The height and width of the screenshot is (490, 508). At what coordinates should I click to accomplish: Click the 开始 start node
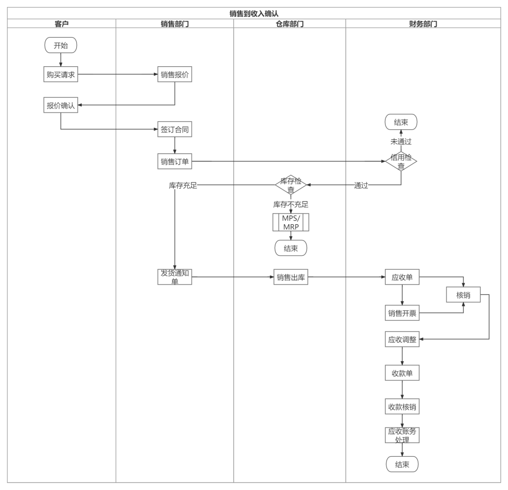[61, 46]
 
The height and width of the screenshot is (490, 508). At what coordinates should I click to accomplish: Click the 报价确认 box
[61, 105]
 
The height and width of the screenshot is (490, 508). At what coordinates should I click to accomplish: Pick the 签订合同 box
[175, 130]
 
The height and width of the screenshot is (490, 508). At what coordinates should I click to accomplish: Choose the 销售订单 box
[175, 162]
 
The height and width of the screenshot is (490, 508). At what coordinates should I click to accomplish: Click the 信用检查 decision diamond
[401, 162]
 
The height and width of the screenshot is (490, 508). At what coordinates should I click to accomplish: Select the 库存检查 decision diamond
[291, 185]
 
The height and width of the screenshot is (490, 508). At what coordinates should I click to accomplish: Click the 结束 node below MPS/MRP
[291, 248]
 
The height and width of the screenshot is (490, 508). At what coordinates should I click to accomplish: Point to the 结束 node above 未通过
[401, 123]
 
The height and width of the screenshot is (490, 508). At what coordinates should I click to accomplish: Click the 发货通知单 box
[175, 277]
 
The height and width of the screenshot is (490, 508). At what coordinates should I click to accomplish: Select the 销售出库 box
[291, 277]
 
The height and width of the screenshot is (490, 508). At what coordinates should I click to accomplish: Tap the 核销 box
[463, 295]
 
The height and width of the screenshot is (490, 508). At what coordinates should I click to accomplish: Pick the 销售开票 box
[402, 313]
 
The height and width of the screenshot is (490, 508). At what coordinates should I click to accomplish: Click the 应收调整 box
[402, 340]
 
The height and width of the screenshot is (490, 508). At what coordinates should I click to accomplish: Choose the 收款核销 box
[402, 407]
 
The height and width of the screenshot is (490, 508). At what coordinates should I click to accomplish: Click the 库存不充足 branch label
[291, 205]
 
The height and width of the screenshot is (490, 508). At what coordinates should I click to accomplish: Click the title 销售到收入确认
[254, 13]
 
